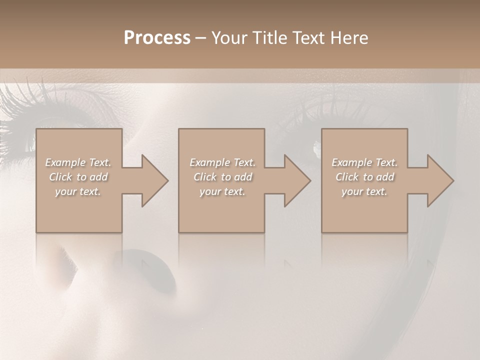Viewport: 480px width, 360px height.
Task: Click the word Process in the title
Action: coord(157,38)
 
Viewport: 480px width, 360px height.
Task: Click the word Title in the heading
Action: coord(270,38)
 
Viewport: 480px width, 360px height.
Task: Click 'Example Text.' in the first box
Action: coord(78,162)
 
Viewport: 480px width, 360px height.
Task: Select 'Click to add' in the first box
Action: coord(78,177)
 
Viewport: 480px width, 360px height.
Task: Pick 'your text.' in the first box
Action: coord(78,191)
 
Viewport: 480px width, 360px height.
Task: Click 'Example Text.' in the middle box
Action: coord(222,162)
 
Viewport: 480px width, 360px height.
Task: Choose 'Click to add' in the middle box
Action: coord(222,177)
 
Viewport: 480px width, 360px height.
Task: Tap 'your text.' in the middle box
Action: coord(222,191)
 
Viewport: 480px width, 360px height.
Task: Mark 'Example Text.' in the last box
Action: coord(364,162)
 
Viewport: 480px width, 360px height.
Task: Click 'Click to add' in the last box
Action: coord(364,177)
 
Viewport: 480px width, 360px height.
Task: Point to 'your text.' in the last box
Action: coord(364,191)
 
